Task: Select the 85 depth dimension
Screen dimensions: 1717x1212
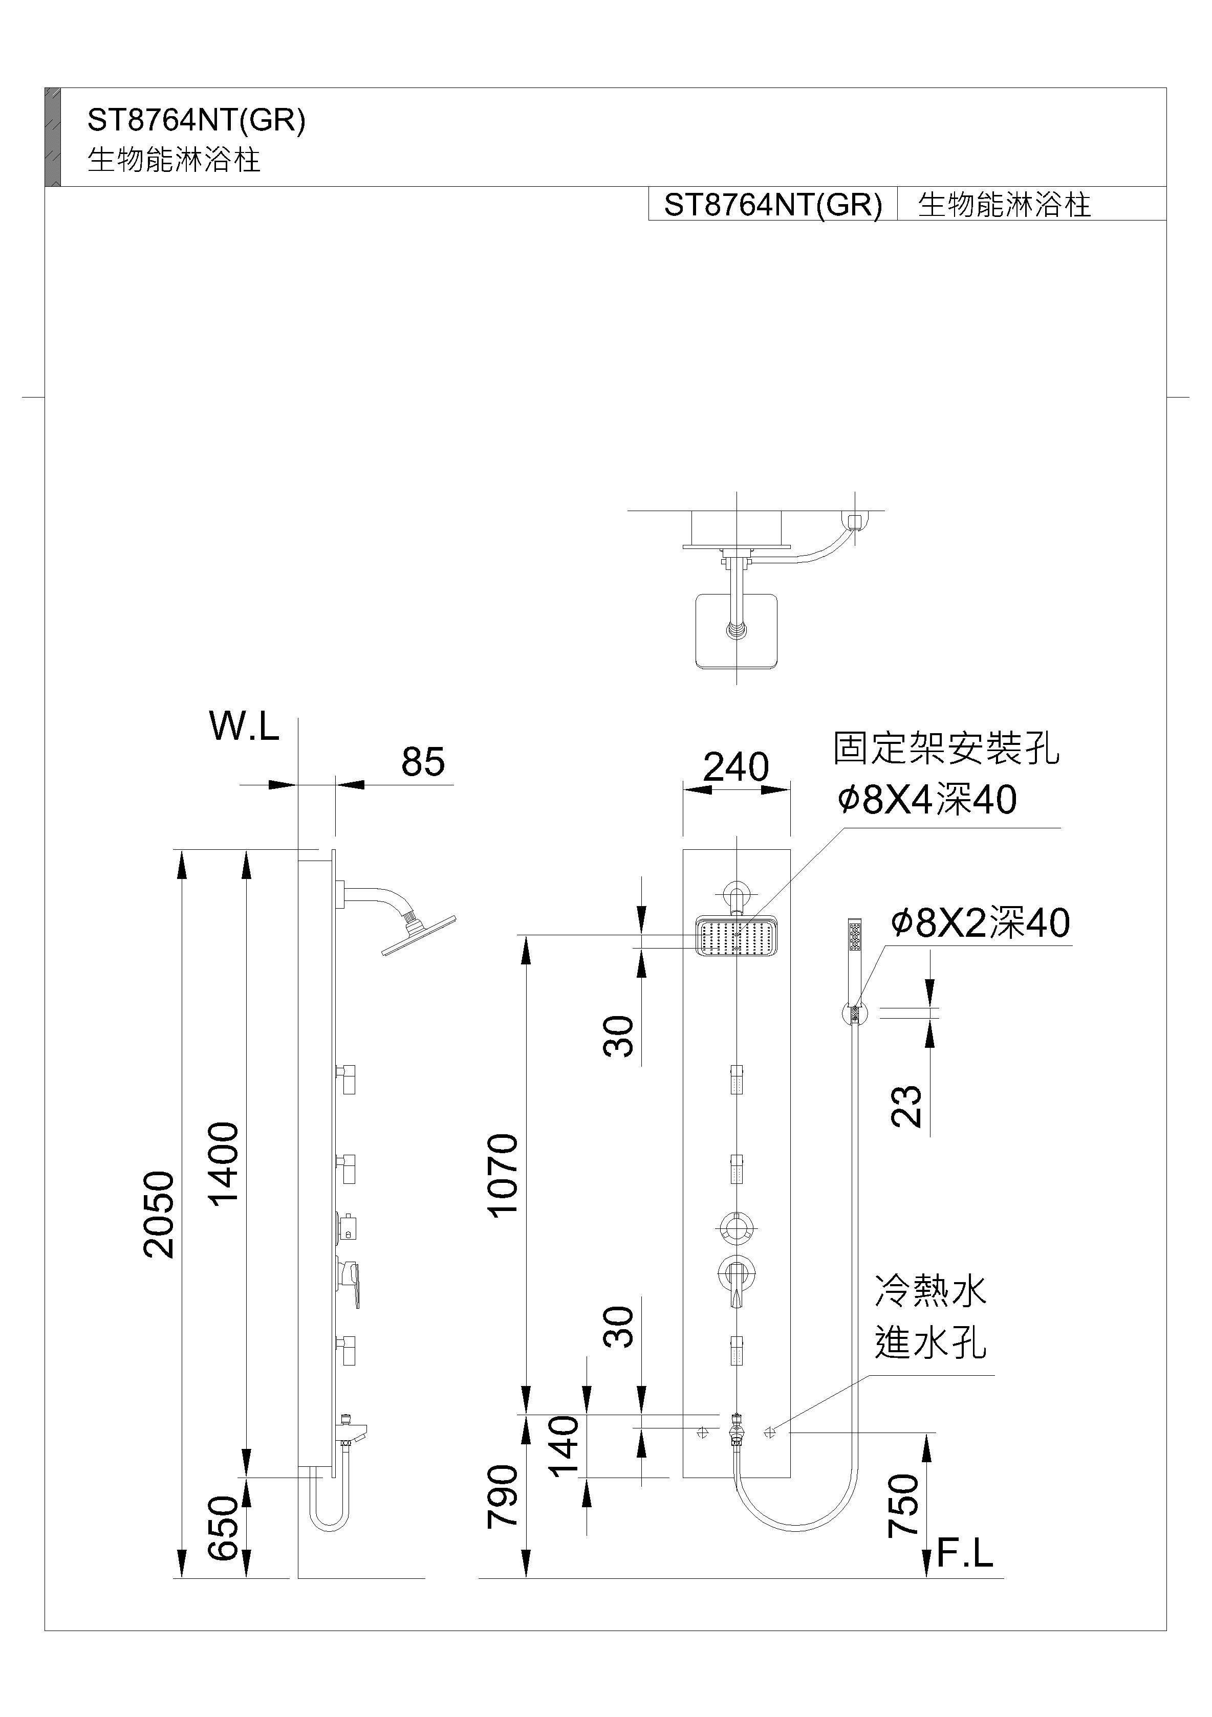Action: pos(423,762)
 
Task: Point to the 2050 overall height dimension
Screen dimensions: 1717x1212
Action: pos(159,1215)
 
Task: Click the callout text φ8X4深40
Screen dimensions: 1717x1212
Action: pos(926,800)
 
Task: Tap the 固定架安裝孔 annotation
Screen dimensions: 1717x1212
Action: pos(946,749)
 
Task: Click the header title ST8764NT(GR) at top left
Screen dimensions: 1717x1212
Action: pos(197,120)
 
